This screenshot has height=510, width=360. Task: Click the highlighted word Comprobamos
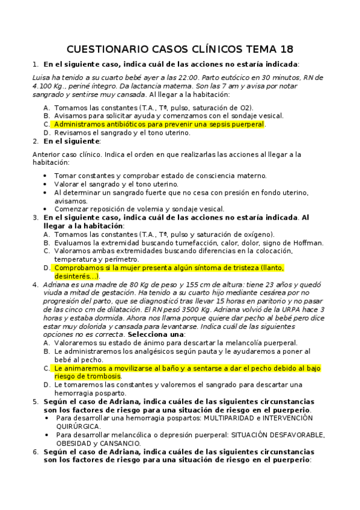point(82,268)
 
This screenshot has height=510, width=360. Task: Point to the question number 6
point(35,452)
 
